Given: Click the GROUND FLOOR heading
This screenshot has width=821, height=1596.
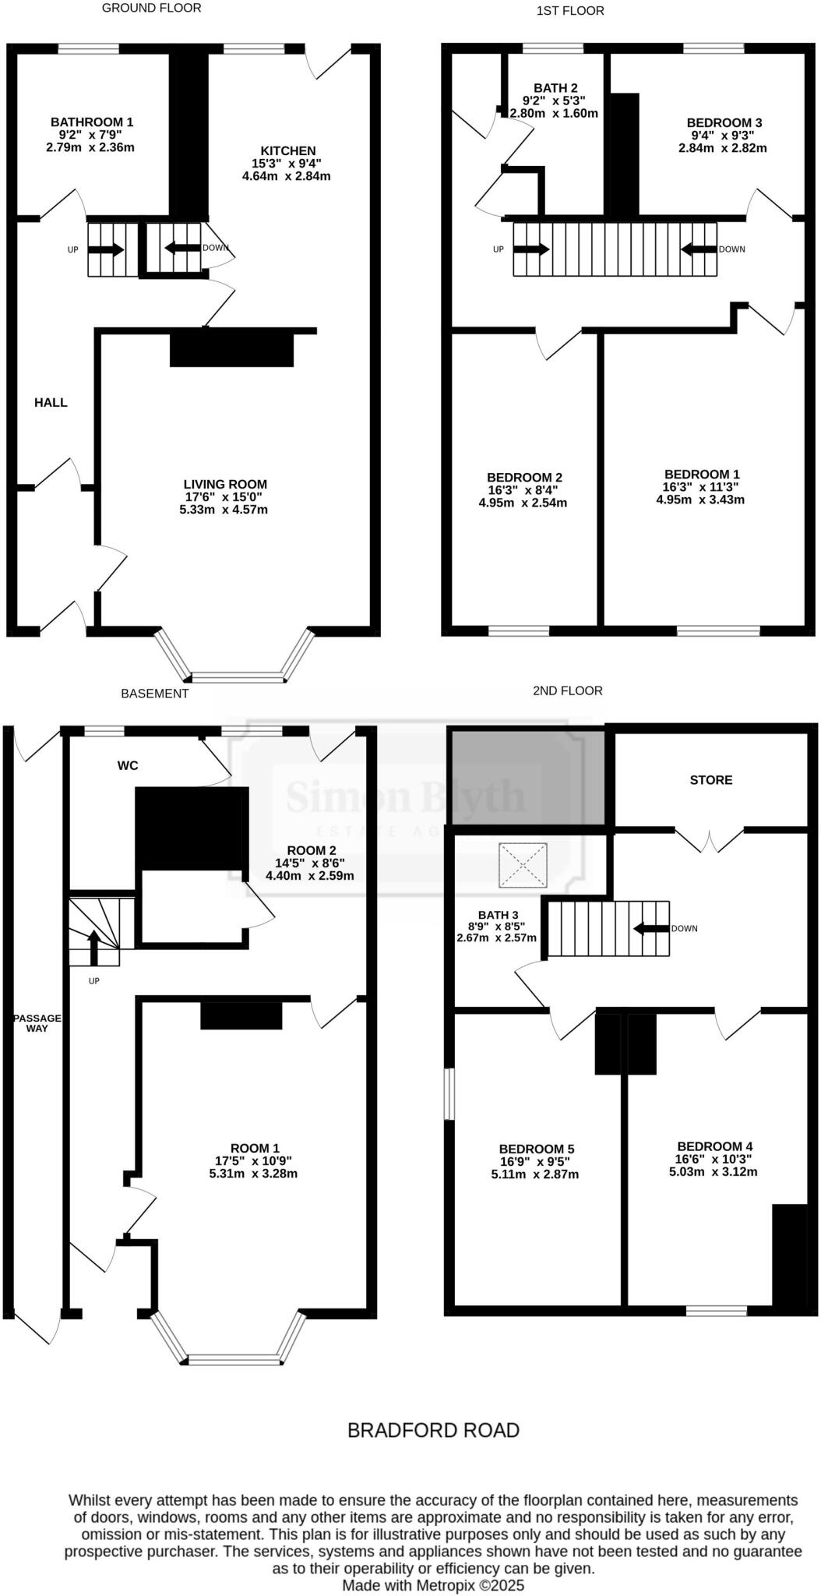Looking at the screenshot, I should point(151,8).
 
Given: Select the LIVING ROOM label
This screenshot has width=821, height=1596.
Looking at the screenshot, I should point(225,484).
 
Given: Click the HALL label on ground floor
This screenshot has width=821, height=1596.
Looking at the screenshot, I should point(51,403).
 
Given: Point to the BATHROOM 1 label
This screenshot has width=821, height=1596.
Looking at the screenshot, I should point(92,122).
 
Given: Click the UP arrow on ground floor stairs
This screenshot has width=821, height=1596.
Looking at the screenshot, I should point(105,250).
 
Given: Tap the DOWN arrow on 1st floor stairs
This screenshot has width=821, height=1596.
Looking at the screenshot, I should point(699,249).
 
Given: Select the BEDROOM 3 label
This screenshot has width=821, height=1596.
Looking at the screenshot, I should point(724,123).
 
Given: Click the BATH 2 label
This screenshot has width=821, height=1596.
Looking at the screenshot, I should point(555,88).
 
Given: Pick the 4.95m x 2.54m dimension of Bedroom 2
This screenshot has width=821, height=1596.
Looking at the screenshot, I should point(523,503).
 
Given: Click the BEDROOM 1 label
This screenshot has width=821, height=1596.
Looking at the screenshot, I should point(702,475).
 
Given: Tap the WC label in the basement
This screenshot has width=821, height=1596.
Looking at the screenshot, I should point(128,765).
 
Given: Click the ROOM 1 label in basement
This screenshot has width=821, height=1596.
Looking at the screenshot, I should point(255,1148).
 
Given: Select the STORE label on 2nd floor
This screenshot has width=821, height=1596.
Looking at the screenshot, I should point(710,780).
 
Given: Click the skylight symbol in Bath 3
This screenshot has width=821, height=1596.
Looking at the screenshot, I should point(523,865).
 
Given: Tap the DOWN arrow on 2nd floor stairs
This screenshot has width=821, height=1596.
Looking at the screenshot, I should point(651,928).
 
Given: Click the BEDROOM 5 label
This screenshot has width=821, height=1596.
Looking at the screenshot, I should point(536,1149).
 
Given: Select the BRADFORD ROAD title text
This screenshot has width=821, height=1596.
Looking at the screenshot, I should point(433,1430).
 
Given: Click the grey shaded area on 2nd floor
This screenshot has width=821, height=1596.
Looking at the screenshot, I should point(527,775).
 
